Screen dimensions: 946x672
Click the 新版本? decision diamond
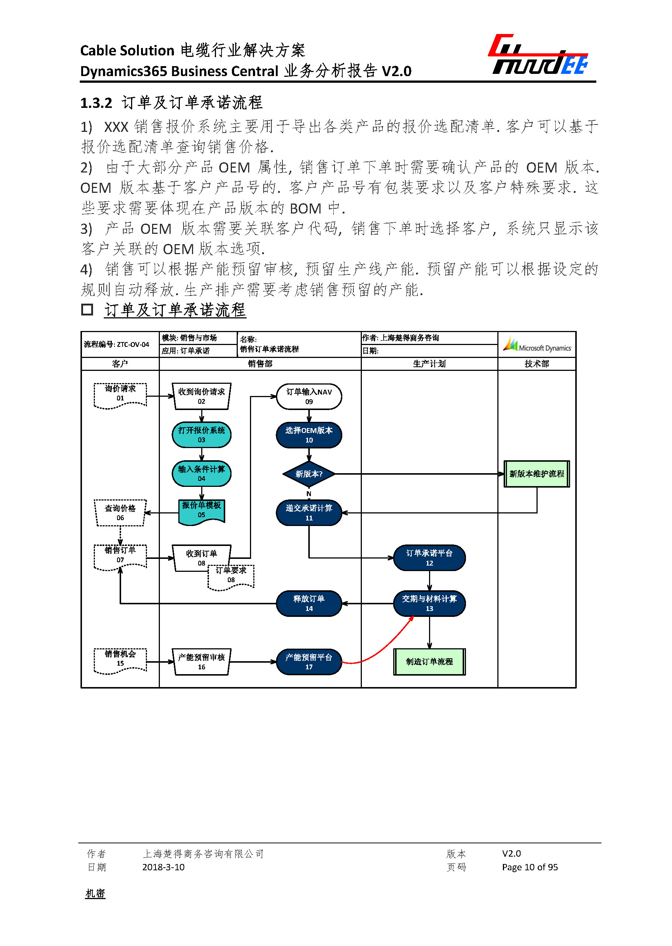309,474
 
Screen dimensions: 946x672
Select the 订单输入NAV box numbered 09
309,396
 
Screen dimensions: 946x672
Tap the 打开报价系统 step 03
202,435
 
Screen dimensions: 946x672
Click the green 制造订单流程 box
429,662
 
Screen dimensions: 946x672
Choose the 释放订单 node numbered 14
309,603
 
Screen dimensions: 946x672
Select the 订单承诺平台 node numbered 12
429,558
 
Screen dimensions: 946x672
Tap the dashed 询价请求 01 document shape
120,395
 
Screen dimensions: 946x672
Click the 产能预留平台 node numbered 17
309,662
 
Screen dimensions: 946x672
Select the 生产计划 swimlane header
429,363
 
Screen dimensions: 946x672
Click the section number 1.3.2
96,103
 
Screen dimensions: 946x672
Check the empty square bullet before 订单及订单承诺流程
87,309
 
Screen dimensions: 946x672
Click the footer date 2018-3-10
163,867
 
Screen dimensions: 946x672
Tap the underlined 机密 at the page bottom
95,894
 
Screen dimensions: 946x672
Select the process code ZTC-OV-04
133,344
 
